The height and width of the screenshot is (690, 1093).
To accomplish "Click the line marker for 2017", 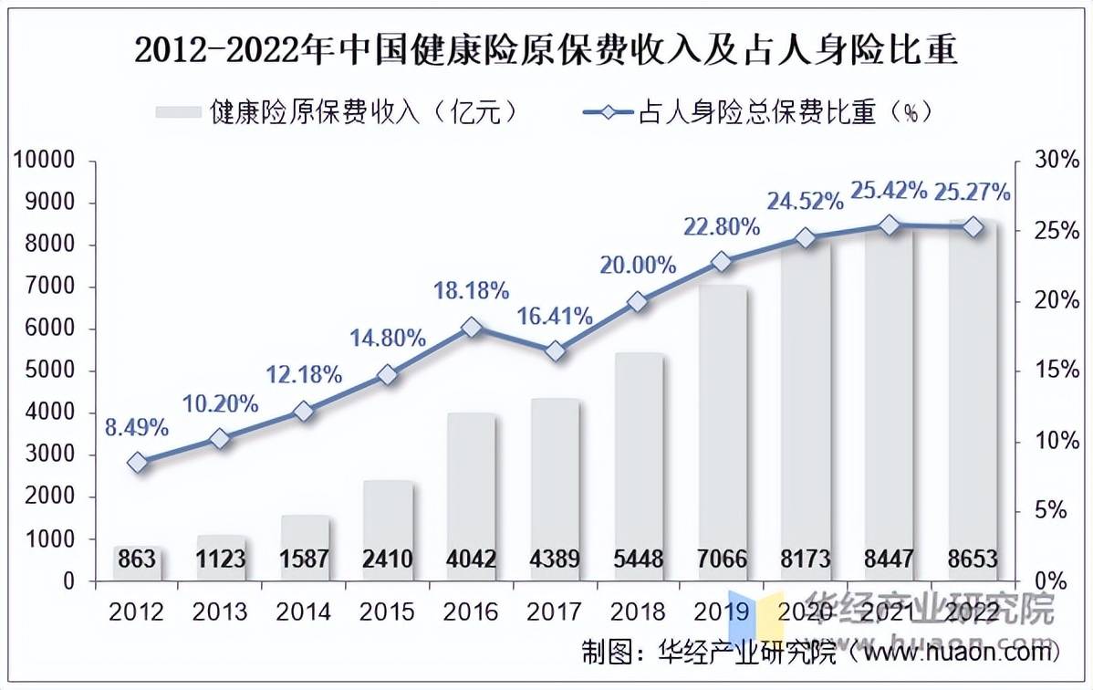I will point(555,351).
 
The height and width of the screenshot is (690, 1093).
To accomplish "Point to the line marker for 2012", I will point(138,463).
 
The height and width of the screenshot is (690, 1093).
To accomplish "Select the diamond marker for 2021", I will point(890,225).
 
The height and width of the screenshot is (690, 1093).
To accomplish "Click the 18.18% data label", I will point(472,291).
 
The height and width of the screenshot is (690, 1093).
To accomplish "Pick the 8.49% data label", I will point(138,426).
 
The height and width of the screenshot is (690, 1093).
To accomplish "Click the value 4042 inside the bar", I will point(472,559).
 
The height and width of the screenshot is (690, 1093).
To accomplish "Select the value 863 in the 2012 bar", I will point(138,559).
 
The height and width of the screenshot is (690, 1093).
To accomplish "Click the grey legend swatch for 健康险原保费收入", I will point(178,112).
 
